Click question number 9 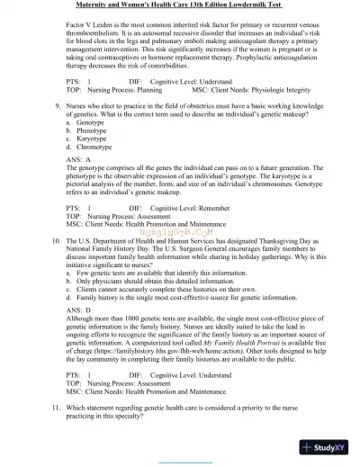click(x=54, y=130)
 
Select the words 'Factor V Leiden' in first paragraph click(x=93, y=26)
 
